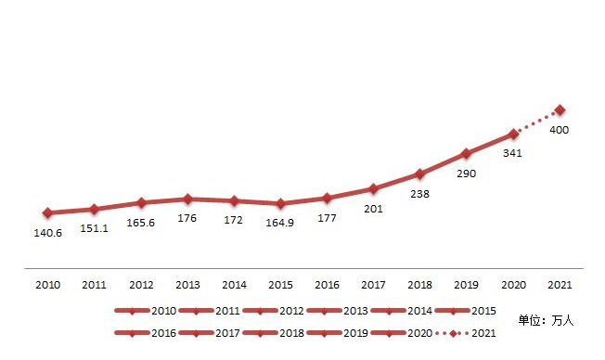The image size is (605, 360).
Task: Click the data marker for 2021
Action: (x=560, y=110)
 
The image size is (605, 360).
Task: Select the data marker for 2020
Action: (x=513, y=134)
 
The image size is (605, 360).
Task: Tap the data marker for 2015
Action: (x=280, y=203)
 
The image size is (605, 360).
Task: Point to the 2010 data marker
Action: (x=47, y=212)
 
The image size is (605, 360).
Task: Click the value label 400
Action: (x=560, y=130)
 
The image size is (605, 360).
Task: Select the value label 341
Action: (x=512, y=153)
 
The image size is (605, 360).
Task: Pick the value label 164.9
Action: (x=280, y=223)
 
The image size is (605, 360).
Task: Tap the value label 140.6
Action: (x=47, y=232)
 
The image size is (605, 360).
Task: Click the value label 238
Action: (x=419, y=194)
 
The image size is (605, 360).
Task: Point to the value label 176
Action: (x=187, y=219)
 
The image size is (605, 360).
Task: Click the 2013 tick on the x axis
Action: (x=187, y=285)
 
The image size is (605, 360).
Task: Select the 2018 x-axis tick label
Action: (x=419, y=285)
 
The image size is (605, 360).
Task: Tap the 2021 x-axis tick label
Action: (x=560, y=285)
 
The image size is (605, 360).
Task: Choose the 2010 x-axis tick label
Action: (x=47, y=285)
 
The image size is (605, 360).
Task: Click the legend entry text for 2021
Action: (x=484, y=331)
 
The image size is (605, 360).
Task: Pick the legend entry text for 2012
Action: (x=292, y=310)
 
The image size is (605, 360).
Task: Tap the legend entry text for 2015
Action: (x=484, y=310)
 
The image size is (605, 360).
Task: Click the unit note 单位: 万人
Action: (x=547, y=320)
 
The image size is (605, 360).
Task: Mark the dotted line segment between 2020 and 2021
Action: (x=536, y=122)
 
